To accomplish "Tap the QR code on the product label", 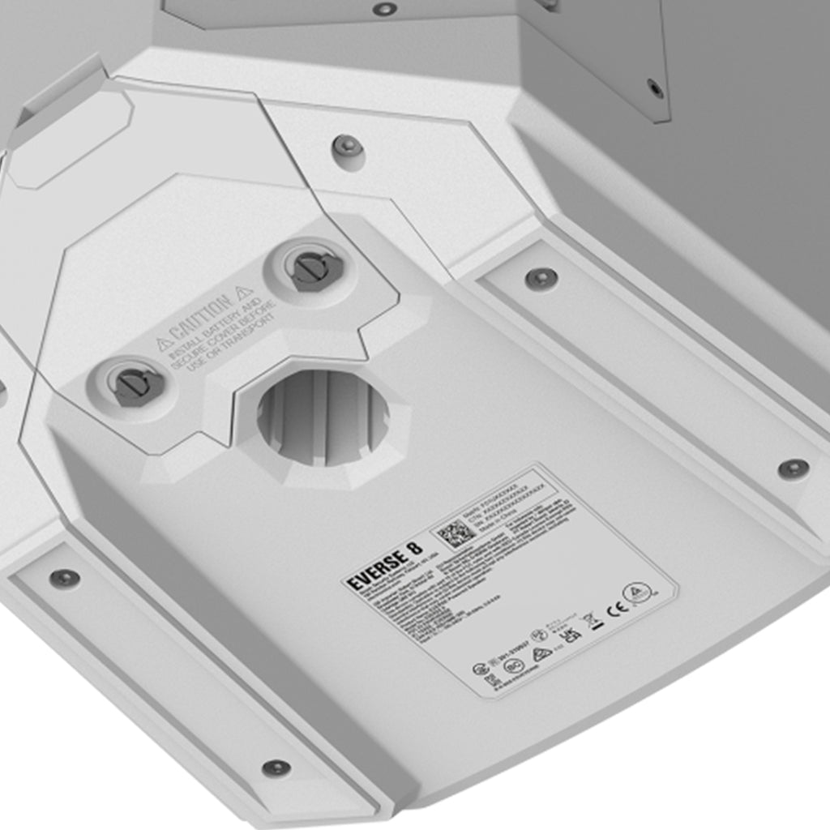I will point(455,533).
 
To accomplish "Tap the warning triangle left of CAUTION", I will point(165,344).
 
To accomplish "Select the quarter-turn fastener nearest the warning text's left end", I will point(136,385).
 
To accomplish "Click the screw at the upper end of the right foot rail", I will point(541,278).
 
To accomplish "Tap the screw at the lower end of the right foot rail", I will point(793,468).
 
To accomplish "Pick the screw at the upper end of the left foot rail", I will point(64,578).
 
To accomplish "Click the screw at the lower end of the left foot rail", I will point(276,767).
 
